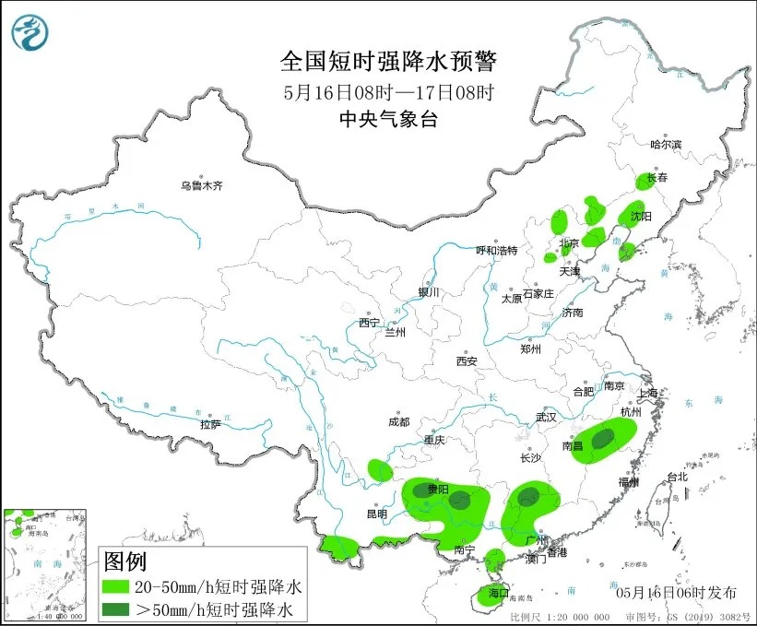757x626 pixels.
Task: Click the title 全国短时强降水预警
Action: point(387,63)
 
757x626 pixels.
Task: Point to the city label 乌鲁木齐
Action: point(202,185)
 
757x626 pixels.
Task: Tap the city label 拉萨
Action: point(210,424)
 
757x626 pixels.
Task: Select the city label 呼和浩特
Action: point(496,250)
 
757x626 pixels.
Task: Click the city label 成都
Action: point(398,421)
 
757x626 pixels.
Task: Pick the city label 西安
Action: point(466,361)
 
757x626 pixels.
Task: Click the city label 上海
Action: point(648,394)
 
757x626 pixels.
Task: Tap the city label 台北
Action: point(677,477)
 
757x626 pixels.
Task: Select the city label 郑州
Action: point(531,348)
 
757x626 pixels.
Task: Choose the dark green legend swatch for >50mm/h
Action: point(116,608)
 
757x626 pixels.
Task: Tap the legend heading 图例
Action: point(124,561)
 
